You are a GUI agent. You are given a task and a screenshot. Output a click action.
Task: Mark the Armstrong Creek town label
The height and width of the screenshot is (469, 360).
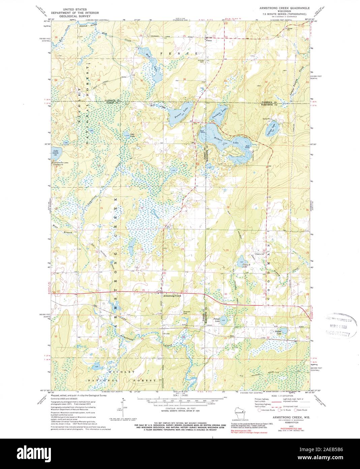[172, 296]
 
